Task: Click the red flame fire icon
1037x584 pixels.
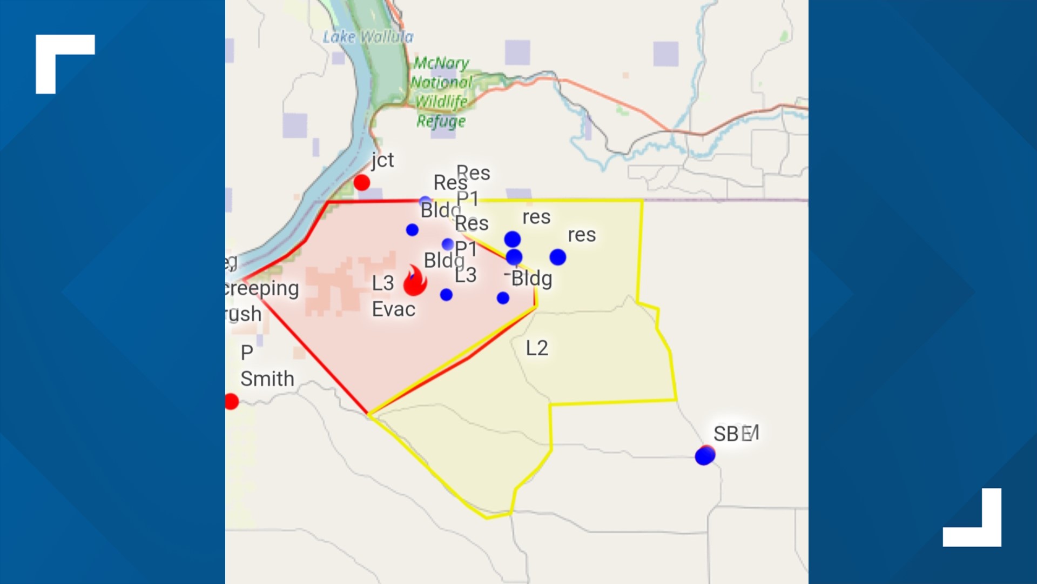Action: pos(415,281)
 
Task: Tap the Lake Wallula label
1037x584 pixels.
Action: pos(368,37)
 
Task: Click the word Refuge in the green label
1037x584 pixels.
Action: pos(441,121)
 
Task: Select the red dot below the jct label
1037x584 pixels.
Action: pos(362,183)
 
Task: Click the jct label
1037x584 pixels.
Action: pos(382,160)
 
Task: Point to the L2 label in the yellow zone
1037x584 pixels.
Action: pos(537,348)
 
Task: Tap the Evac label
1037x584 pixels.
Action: pos(394,309)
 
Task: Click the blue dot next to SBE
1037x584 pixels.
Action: pos(704,456)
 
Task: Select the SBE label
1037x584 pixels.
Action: pos(736,434)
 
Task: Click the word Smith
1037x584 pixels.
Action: pos(267,379)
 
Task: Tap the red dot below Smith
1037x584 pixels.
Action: pos(232,402)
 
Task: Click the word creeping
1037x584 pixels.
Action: pos(262,288)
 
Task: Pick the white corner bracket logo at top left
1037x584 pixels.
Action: pos(64,63)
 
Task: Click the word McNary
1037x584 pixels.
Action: pos(441,63)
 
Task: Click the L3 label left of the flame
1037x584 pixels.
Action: pos(383,283)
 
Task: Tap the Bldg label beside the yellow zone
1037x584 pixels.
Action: pos(531,279)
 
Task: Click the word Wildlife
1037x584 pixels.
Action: pos(441,101)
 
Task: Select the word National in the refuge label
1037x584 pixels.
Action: pos(441,82)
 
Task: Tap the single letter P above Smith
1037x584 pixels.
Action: pos(247,353)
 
